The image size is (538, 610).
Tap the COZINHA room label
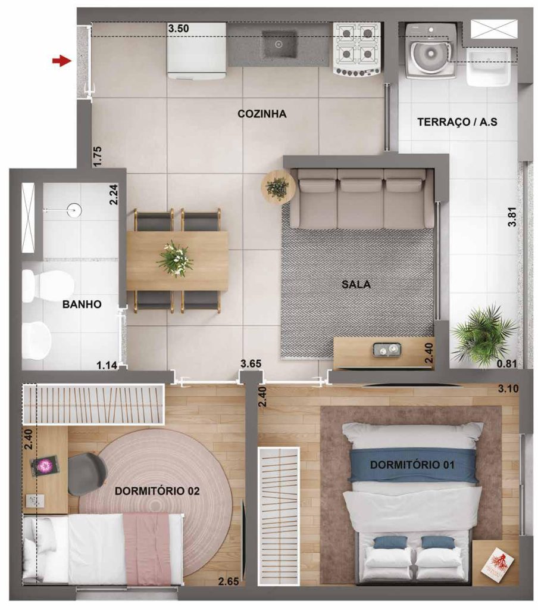point(262,114)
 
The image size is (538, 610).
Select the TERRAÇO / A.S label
point(457,122)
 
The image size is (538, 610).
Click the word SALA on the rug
point(356,285)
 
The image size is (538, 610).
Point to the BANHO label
point(82,304)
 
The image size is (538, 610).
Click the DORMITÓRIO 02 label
point(157,491)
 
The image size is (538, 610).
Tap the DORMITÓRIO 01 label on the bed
point(412,465)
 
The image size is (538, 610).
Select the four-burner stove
point(357,49)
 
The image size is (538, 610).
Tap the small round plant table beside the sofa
point(278,187)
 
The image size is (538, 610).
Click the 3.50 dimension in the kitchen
point(179,28)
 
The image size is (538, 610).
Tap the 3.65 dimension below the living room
point(251,363)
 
